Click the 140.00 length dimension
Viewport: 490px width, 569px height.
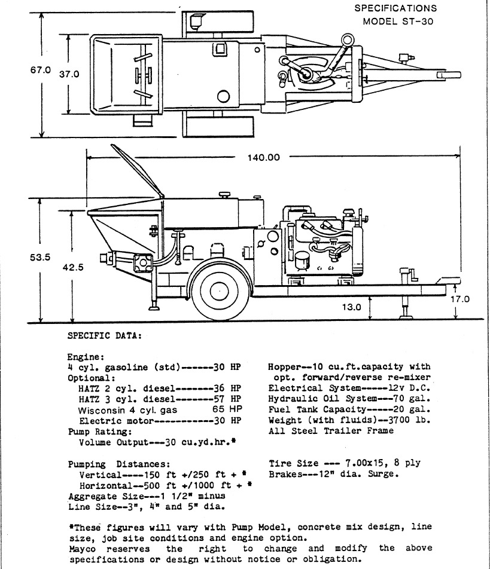(x=263, y=158)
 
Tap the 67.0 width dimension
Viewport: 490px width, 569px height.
(x=41, y=70)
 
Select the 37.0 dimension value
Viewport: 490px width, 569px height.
(x=69, y=75)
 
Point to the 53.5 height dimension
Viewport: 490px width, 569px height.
(x=41, y=258)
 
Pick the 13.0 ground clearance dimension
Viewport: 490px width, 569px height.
(x=352, y=308)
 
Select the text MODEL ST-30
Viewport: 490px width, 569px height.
(x=398, y=22)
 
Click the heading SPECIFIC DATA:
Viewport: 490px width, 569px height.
(x=105, y=335)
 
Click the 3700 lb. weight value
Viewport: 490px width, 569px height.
(x=410, y=420)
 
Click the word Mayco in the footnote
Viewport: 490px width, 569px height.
(x=83, y=548)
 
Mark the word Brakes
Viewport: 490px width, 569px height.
(x=285, y=474)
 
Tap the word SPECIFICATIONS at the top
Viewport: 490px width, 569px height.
(x=395, y=8)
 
